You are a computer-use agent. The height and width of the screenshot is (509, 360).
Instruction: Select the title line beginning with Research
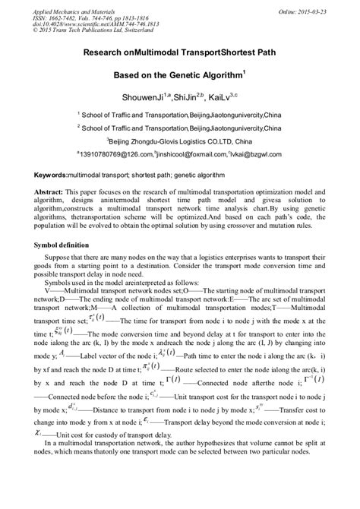point(179,55)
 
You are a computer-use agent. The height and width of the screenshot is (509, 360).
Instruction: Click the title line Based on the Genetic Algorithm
point(178,76)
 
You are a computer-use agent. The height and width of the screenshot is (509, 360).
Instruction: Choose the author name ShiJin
point(191,97)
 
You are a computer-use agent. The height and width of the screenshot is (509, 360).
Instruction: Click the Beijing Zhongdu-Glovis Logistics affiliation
point(179,141)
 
